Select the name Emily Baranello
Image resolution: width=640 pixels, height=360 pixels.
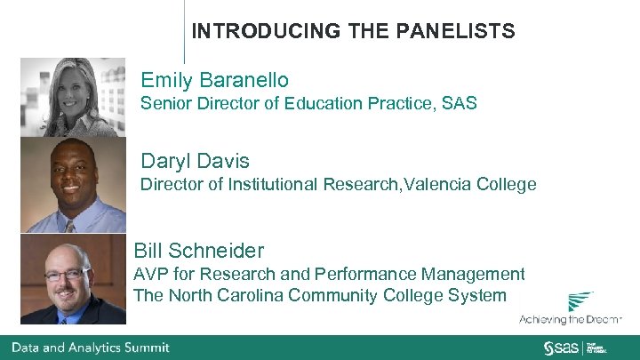pos(214,80)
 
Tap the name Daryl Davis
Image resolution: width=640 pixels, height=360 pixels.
pos(195,161)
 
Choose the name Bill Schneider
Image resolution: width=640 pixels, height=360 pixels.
pos(198,251)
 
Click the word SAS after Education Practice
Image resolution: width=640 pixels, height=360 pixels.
pos(459,104)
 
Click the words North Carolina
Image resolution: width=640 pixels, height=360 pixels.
pos(229,296)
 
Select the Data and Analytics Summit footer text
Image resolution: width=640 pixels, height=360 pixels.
pos(90,347)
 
